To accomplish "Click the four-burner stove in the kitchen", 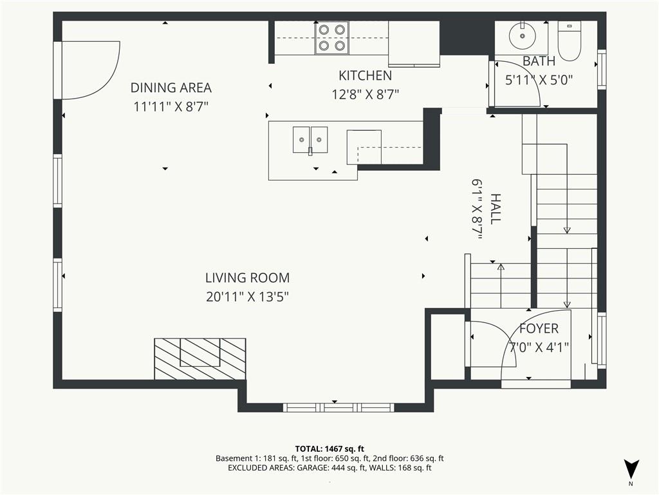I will [x=331, y=38].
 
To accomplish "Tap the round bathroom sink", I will [x=521, y=37].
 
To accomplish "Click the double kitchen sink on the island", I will [x=310, y=140].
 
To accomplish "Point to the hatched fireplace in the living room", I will [x=200, y=358].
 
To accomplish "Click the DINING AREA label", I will [x=171, y=88].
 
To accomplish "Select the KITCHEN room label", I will [x=365, y=76].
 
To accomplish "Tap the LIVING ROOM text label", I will [x=247, y=278].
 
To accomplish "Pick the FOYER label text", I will [x=539, y=329].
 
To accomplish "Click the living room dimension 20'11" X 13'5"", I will [x=247, y=297].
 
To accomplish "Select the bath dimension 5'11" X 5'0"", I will [x=539, y=81].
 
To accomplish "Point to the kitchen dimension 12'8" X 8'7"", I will [x=365, y=95].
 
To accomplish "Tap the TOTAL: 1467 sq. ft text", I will [x=329, y=448].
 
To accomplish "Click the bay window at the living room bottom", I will [x=339, y=407].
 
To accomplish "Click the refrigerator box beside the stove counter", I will [x=414, y=43].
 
